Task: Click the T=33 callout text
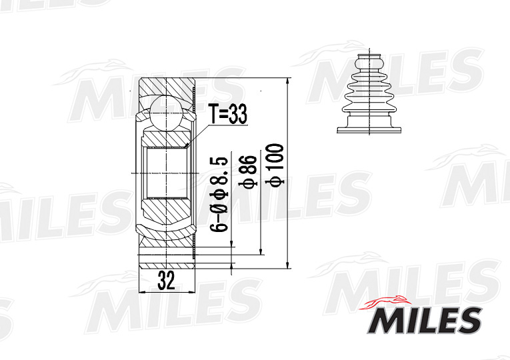pyautogui.click(x=227, y=115)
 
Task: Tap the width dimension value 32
pyautogui.click(x=165, y=281)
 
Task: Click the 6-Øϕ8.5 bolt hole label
pyautogui.click(x=221, y=194)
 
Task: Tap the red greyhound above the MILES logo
pyautogui.click(x=389, y=302)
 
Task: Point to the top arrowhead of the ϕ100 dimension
pyautogui.click(x=288, y=81)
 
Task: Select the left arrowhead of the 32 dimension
pyautogui.click(x=140, y=292)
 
